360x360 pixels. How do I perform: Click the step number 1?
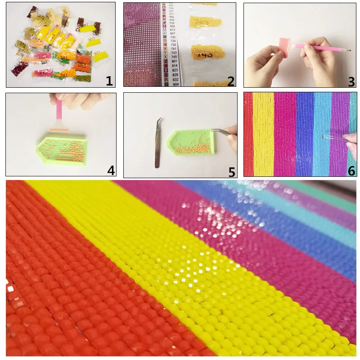point(109,81)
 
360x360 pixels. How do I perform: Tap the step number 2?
point(230,81)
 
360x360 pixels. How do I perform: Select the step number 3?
point(351,81)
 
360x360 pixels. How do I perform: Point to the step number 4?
point(111,170)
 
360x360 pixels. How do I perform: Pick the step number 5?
point(231,172)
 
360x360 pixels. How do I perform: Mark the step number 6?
point(351,171)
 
